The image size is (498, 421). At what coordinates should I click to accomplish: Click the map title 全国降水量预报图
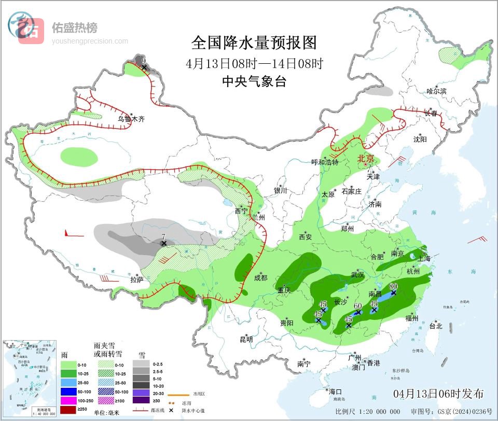click(x=254, y=42)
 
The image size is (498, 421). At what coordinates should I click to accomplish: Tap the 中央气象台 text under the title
click(x=254, y=81)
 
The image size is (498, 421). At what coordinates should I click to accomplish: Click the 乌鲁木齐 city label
click(x=131, y=119)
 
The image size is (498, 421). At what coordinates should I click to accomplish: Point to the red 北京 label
click(x=366, y=159)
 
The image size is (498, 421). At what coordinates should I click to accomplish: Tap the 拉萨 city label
click(x=136, y=279)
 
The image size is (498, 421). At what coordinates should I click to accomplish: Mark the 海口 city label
click(x=335, y=391)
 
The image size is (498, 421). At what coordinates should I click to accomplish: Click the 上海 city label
click(x=424, y=258)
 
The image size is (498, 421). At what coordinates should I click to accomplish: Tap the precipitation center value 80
click(x=393, y=286)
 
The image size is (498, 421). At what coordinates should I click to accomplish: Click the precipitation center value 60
click(x=357, y=306)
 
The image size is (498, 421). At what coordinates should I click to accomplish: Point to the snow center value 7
click(x=163, y=236)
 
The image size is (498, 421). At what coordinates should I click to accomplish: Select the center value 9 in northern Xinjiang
click(x=144, y=61)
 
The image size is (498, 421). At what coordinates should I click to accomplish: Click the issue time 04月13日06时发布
click(x=438, y=394)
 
